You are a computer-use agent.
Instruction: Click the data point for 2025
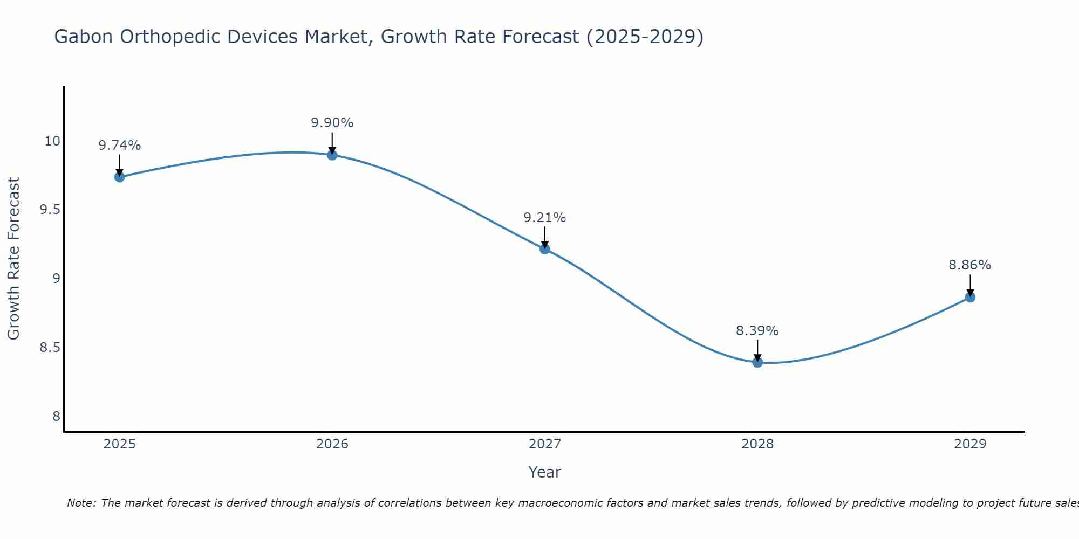click(119, 177)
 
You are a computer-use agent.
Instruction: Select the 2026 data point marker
click(332, 155)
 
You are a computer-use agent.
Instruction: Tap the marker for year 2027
click(545, 248)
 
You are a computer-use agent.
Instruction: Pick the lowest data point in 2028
click(757, 362)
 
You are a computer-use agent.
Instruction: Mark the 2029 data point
click(970, 297)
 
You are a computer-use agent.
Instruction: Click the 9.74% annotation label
click(119, 146)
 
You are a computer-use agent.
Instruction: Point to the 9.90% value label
click(332, 123)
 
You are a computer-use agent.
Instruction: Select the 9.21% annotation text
click(545, 218)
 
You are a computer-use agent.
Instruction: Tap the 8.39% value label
click(757, 331)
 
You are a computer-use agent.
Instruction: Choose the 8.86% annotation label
click(970, 265)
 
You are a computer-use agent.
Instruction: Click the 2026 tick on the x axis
click(332, 444)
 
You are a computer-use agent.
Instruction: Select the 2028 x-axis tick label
click(757, 444)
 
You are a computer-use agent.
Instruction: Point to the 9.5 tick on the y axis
click(50, 210)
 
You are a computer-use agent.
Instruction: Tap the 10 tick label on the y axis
click(52, 141)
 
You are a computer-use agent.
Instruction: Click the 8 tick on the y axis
click(56, 416)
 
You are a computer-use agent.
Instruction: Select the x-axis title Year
click(545, 472)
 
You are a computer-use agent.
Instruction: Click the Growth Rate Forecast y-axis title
click(13, 259)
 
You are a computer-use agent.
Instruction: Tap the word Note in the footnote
click(81, 503)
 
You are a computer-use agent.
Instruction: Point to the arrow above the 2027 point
click(545, 237)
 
